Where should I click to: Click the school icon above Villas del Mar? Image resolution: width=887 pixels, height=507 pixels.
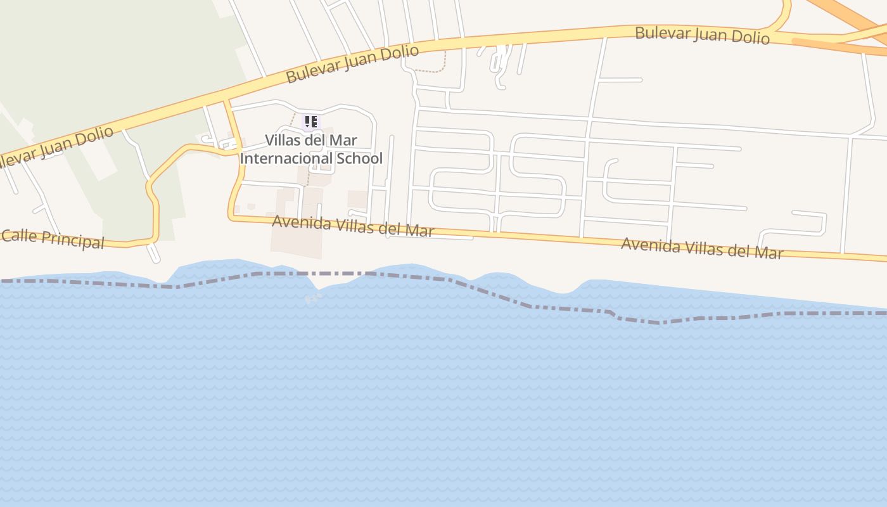tap(310, 122)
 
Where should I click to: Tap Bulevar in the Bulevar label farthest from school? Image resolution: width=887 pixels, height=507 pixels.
tap(661, 33)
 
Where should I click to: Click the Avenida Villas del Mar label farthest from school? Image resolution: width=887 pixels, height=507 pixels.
tap(701, 248)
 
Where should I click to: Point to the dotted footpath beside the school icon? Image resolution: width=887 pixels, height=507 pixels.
tap(293, 119)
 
